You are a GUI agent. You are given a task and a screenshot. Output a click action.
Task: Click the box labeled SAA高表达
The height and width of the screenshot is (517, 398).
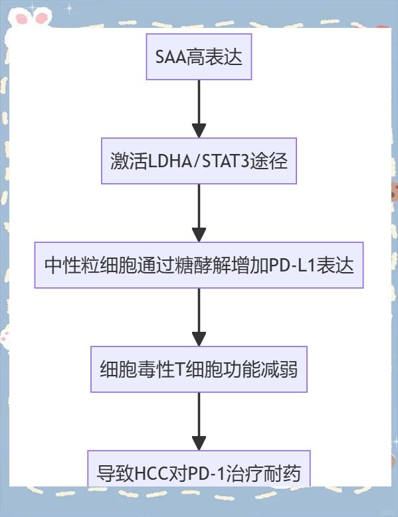[x=199, y=56]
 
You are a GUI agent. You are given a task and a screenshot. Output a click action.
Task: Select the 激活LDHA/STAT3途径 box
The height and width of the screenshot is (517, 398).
[x=199, y=161]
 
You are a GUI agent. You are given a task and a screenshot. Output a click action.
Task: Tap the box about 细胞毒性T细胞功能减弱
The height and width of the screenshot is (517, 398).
[x=199, y=369]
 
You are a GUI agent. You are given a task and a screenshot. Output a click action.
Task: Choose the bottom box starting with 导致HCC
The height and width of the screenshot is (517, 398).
[x=199, y=469]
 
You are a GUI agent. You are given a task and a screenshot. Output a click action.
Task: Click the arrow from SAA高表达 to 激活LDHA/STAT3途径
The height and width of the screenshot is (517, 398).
[x=199, y=109]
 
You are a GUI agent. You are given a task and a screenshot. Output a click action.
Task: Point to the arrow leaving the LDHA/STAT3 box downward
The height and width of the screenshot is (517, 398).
[x=199, y=213]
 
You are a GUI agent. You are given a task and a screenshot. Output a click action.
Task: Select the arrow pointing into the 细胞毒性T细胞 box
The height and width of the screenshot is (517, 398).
[x=199, y=317]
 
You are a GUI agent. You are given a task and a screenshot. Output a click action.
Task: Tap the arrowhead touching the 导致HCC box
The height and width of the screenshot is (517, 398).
[x=199, y=443]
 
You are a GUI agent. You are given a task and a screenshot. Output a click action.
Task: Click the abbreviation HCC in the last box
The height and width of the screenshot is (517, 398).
[x=151, y=473]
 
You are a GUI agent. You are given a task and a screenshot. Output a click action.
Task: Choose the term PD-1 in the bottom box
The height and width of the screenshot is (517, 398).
[x=206, y=473]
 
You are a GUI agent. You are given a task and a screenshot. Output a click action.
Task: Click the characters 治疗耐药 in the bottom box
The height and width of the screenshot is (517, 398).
[x=262, y=473]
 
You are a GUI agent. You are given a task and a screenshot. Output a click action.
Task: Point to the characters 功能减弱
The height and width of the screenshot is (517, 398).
[x=260, y=370]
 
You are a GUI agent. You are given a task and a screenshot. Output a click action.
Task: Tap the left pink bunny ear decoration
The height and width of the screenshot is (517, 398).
[x=22, y=19]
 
